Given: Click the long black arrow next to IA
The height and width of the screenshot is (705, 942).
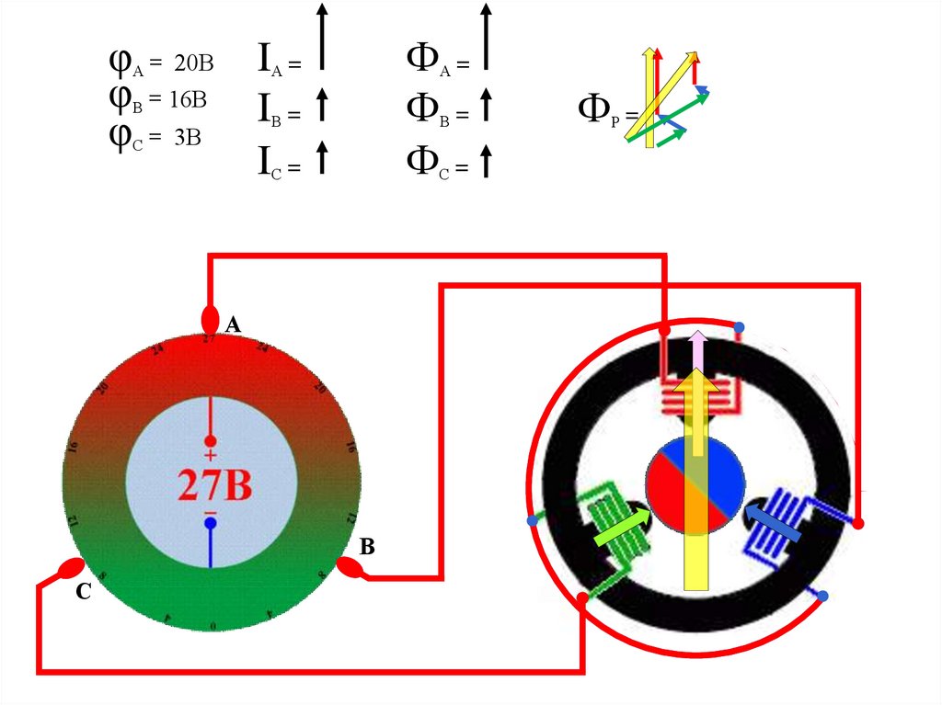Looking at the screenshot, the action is click(322, 37).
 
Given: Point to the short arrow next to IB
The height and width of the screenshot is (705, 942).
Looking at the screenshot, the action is click(322, 106).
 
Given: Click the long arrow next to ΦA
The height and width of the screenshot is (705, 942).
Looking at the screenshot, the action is click(486, 37).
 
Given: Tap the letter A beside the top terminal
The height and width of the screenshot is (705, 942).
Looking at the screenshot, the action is click(233, 324).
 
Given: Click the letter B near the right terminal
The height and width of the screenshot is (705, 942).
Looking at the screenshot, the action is click(367, 548).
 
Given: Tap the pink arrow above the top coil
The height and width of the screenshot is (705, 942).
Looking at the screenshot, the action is click(697, 349).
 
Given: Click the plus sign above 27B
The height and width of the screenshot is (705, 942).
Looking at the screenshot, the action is click(211, 456).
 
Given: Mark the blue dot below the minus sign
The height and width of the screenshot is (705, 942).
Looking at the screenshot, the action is click(211, 523).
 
